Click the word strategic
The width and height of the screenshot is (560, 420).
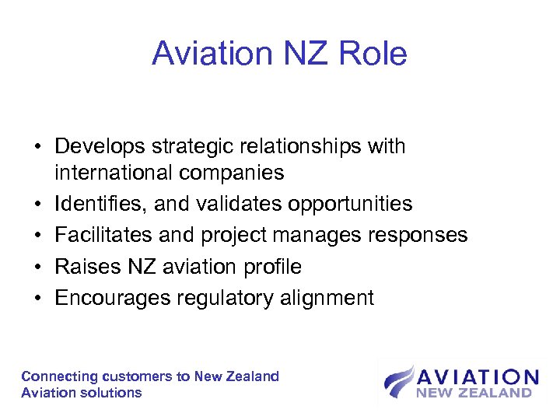point(195,147)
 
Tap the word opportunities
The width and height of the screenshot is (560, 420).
point(350,205)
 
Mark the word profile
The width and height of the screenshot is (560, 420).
point(270,267)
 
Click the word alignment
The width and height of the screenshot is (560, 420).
point(327,298)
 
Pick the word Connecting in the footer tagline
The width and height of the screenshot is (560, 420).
point(59,376)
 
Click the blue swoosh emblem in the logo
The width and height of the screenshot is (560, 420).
point(398,381)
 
